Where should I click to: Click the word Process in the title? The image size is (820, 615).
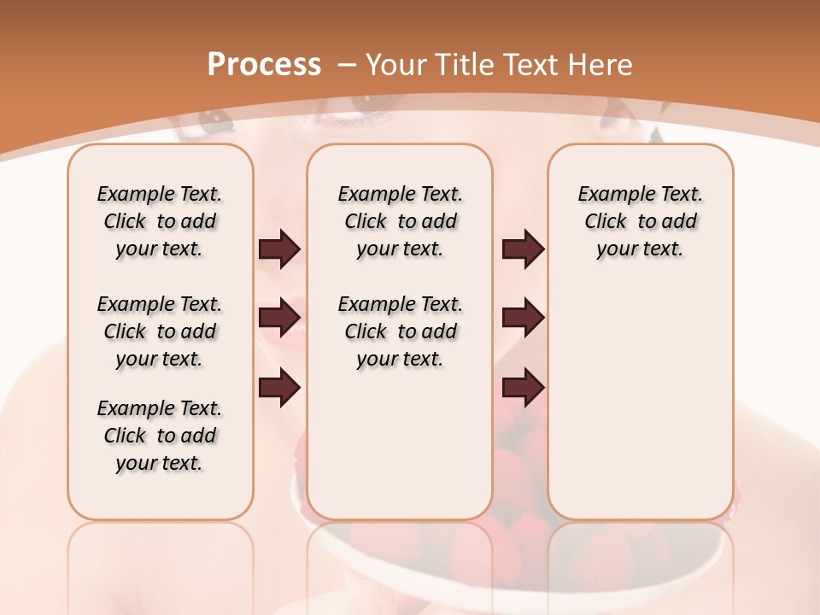264,64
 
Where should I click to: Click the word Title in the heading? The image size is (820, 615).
463,65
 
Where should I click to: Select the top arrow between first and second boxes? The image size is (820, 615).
279,249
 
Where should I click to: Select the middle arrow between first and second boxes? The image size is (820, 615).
279,318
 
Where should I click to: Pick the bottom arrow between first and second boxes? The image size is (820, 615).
279,388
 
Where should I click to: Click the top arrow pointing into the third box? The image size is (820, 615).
523,249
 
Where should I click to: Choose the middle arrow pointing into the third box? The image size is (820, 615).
523,318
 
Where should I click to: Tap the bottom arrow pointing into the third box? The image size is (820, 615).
523,388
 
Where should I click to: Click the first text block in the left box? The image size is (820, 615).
160,221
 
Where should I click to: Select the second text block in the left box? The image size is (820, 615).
160,331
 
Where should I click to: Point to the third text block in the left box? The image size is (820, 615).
160,436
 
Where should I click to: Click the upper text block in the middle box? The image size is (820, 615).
400,221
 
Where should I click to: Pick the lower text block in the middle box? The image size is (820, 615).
400,331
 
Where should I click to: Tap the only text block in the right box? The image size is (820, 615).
640,221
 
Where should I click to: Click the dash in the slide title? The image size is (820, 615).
347,66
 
